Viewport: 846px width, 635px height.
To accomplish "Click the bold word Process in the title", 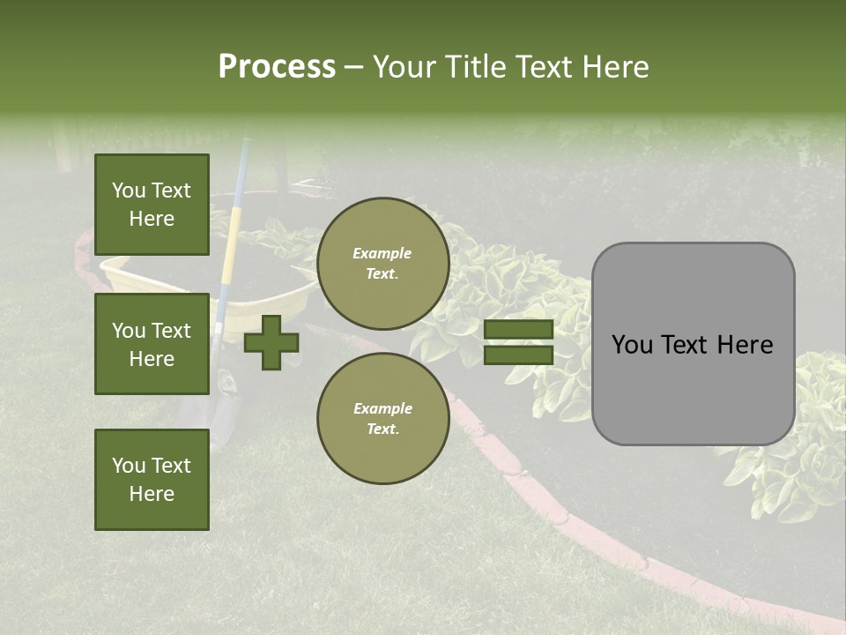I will coord(277,67).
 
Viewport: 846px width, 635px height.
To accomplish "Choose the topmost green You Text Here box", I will coord(152,205).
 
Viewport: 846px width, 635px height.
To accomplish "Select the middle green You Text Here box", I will coord(152,344).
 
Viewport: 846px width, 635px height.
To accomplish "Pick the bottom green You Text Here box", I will coord(152,480).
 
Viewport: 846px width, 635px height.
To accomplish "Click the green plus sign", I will coord(271,342).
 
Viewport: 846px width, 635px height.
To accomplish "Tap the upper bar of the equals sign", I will coord(518,329).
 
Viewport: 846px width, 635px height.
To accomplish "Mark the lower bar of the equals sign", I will coord(518,355).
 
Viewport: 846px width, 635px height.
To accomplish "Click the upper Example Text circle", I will coord(382,263).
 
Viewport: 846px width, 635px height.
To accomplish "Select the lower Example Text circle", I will coord(382,418).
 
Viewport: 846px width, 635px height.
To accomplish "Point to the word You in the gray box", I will coord(632,345).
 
